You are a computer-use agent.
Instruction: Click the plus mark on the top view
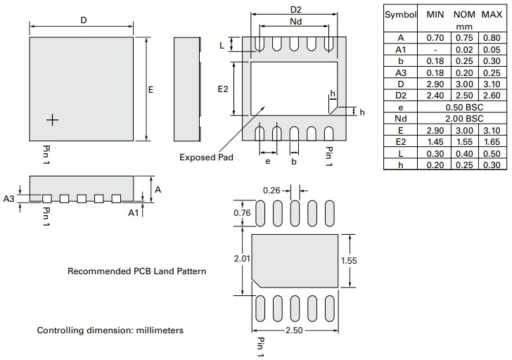[x=51, y=120]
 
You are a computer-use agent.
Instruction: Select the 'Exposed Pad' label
[x=206, y=157]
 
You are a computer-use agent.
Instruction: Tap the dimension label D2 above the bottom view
[x=295, y=9]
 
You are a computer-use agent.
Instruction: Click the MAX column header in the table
[x=491, y=15]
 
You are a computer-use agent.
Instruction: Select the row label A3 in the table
[x=401, y=72]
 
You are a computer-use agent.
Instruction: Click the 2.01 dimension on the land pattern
[x=242, y=259]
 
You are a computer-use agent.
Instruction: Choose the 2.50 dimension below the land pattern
[x=296, y=330]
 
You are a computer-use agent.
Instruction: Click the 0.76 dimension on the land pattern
[x=241, y=213]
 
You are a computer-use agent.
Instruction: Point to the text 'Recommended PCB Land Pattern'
[x=136, y=271]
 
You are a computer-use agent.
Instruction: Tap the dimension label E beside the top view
[x=151, y=90]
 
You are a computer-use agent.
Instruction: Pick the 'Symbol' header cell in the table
[x=400, y=15]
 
